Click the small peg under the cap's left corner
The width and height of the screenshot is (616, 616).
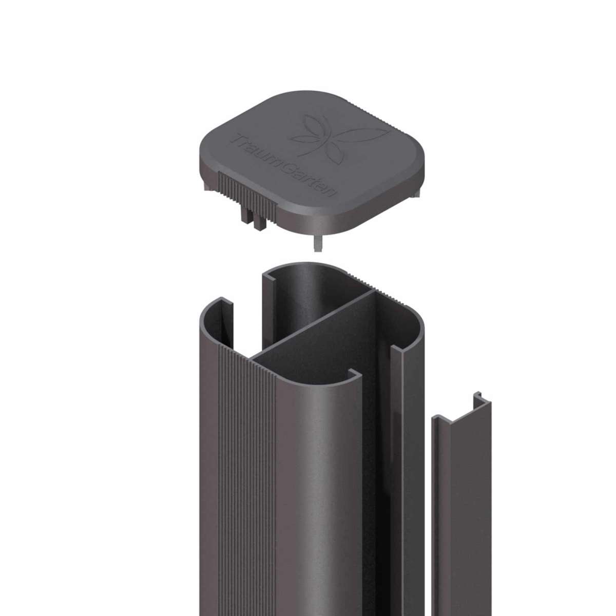point(208,186)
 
